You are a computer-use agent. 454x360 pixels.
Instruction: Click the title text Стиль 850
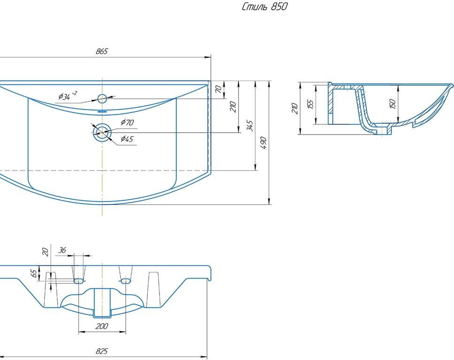[265, 7]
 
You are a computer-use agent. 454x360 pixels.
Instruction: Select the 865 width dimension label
[102, 52]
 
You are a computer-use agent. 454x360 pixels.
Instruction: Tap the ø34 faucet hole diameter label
[66, 97]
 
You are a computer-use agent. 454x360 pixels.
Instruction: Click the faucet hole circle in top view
[102, 98]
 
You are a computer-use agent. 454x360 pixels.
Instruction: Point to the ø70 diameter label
[127, 123]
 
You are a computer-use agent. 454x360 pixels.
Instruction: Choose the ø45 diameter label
[127, 139]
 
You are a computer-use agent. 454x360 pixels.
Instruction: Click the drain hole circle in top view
[102, 133]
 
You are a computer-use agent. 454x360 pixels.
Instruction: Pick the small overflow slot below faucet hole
[102, 112]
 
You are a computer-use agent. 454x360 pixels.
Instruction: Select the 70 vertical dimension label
[218, 90]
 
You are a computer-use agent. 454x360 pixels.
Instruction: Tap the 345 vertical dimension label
[250, 125]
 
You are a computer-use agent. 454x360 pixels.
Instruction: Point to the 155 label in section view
[310, 104]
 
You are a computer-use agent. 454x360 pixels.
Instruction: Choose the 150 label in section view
[393, 103]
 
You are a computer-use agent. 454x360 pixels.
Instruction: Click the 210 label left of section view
[295, 109]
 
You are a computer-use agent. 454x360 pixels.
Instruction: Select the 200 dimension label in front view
[102, 326]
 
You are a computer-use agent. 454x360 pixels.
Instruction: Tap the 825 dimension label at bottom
[102, 351]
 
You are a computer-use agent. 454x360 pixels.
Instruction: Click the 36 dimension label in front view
[62, 251]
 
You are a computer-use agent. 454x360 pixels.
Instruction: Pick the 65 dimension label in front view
[34, 273]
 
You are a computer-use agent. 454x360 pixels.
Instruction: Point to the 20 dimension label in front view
[45, 252]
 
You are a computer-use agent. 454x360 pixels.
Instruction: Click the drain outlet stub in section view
[386, 130]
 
